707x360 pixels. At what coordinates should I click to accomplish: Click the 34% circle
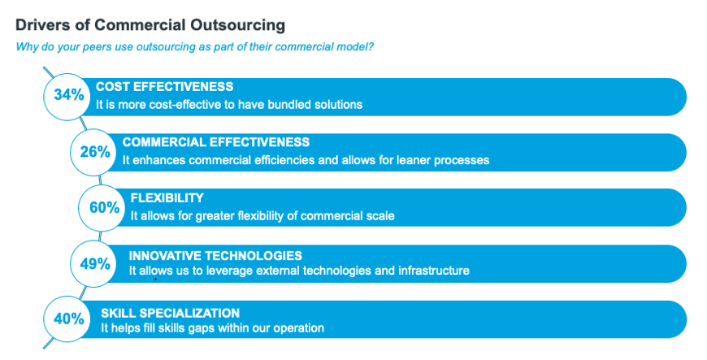[67, 97]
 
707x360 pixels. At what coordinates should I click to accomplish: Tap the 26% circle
[93, 152]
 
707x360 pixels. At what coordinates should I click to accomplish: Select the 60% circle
[102, 208]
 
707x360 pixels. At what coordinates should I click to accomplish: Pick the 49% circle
[93, 263]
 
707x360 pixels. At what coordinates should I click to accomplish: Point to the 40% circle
[67, 319]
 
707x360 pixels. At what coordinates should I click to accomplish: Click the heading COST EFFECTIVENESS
[165, 87]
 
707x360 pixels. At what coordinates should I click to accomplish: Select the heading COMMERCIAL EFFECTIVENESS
[216, 142]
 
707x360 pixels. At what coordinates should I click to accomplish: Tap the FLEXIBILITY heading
[167, 198]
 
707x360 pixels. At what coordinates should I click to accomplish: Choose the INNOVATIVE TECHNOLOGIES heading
[215, 256]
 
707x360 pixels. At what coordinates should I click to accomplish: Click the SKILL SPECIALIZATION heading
[170, 313]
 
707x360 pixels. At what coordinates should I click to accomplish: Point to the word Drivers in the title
[39, 25]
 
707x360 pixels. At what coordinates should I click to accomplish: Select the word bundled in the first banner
[291, 105]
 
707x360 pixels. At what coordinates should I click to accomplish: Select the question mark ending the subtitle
[371, 46]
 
